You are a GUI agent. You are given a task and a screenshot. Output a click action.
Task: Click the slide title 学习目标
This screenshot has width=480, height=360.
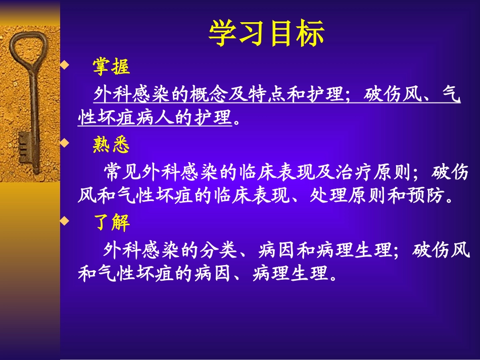(x=266, y=34)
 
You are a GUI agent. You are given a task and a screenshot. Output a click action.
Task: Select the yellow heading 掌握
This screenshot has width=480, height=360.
(x=111, y=66)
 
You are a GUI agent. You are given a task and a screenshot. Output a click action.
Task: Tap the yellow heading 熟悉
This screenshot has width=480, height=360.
(x=111, y=145)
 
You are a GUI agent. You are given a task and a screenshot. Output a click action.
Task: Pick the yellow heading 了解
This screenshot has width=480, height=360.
(x=111, y=223)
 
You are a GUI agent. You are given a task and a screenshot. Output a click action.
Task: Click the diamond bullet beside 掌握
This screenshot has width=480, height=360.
(x=64, y=65)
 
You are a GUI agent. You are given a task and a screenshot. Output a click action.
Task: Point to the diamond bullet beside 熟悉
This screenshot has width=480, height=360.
(x=64, y=144)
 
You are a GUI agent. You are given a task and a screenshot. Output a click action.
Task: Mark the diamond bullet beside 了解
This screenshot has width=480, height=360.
(x=64, y=221)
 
